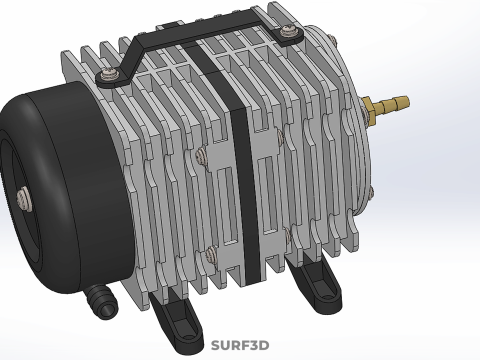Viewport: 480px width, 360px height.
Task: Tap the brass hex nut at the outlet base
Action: coord(367,110)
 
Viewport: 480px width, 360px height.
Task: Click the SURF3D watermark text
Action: coord(240,345)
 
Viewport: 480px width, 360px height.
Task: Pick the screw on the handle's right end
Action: coord(288,31)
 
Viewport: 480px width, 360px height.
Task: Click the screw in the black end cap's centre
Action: coord(24,198)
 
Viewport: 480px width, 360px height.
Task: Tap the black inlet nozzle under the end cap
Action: coord(102,300)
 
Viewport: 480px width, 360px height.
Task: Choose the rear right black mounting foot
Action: coord(315,287)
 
